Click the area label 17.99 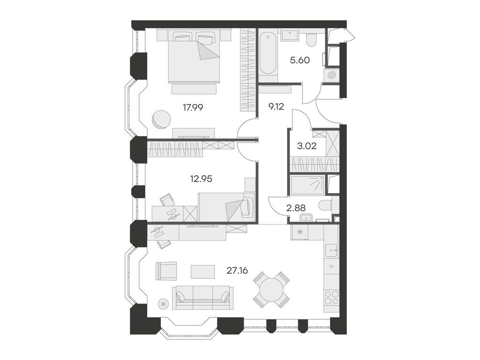pyautogui.click(x=193, y=107)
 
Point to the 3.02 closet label pyautogui.click(x=307, y=146)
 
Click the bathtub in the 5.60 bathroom pyautogui.click(x=268, y=52)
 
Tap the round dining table pyautogui.click(x=271, y=289)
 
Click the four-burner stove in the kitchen pyautogui.click(x=331, y=298)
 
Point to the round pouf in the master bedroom pyautogui.click(x=161, y=119)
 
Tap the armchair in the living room pyautogui.click(x=166, y=270)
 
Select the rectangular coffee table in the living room pyautogui.click(x=202, y=271)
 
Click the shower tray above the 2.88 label pyautogui.click(x=307, y=185)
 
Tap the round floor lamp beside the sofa pyautogui.click(x=163, y=304)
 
